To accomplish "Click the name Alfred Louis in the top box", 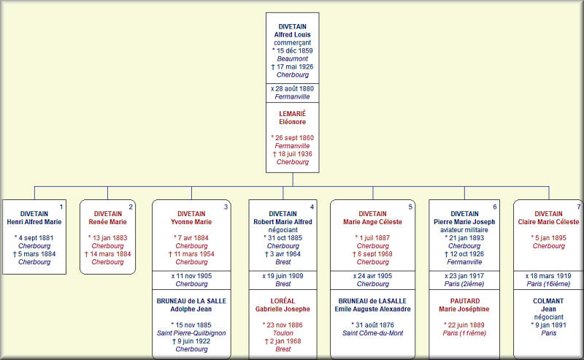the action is click(x=293, y=34).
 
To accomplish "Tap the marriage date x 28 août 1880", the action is click(x=293, y=88).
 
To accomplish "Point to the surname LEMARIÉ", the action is click(x=293, y=114).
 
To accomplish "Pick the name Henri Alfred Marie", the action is click(x=34, y=222).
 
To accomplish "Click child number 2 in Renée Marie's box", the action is click(x=131, y=207).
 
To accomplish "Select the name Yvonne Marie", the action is click(x=191, y=222).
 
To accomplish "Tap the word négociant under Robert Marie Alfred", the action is click(x=283, y=230).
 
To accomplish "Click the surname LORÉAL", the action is click(x=283, y=301).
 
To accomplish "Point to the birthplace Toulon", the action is click(x=283, y=333).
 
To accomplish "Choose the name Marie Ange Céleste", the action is click(x=373, y=222).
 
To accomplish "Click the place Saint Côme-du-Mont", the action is click(x=373, y=333).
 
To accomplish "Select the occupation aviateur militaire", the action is click(x=464, y=230).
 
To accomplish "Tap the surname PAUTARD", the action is click(x=465, y=301).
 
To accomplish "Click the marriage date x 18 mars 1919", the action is click(x=548, y=276).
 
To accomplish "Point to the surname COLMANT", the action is click(x=548, y=301).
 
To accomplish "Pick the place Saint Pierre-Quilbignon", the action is click(x=191, y=333).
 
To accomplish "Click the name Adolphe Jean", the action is click(x=191, y=309).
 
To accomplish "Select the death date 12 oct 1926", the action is click(x=464, y=254).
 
